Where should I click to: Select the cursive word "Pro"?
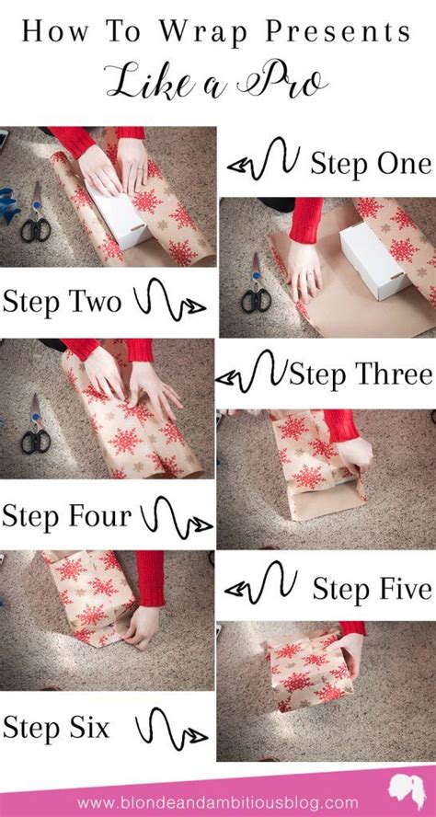[x=285, y=82]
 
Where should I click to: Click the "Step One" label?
[x=370, y=164]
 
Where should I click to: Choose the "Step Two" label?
[x=63, y=301]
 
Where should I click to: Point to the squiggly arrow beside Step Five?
[x=263, y=586]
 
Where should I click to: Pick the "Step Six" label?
[x=57, y=729]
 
